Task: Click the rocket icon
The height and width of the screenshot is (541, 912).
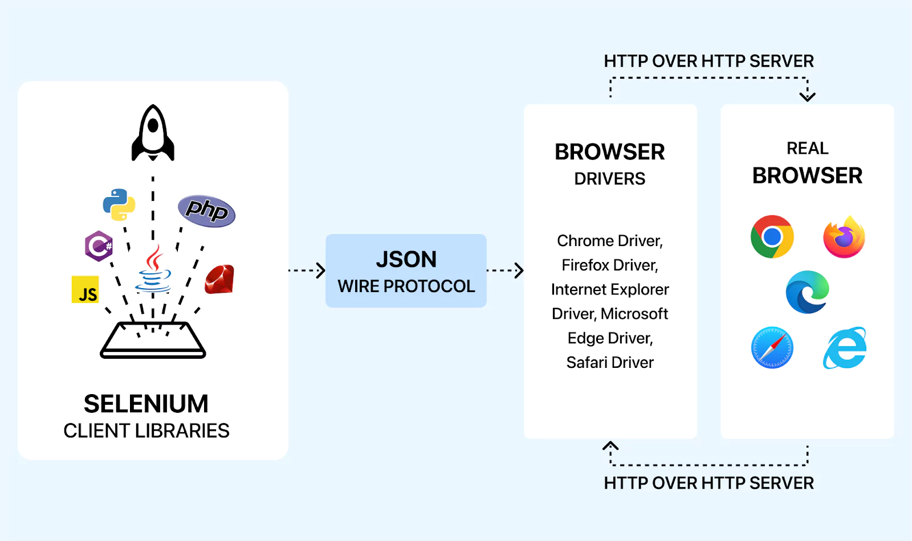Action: (x=153, y=133)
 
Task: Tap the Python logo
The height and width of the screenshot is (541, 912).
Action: (x=119, y=204)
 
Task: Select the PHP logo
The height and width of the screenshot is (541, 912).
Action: (x=206, y=211)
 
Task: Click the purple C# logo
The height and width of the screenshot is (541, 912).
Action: (x=99, y=246)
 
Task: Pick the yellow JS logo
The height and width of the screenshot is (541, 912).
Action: (x=85, y=289)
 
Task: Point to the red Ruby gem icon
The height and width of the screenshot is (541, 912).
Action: (x=220, y=280)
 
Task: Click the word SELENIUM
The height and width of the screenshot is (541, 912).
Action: (x=146, y=404)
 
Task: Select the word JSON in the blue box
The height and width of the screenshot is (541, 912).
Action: (x=406, y=260)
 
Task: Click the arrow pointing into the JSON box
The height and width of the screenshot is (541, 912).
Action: (x=320, y=270)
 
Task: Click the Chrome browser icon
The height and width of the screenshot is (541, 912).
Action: (x=772, y=236)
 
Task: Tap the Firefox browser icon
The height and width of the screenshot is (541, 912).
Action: (x=844, y=237)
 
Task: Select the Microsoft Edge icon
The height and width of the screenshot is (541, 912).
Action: (x=807, y=292)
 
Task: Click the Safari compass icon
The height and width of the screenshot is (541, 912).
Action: (x=772, y=347)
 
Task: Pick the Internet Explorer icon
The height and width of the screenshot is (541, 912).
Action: (x=845, y=348)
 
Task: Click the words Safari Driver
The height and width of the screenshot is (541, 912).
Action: (x=610, y=363)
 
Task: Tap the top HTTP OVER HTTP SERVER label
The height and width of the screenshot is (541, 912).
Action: (x=709, y=61)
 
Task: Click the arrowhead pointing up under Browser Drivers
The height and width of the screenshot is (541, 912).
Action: (x=610, y=445)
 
